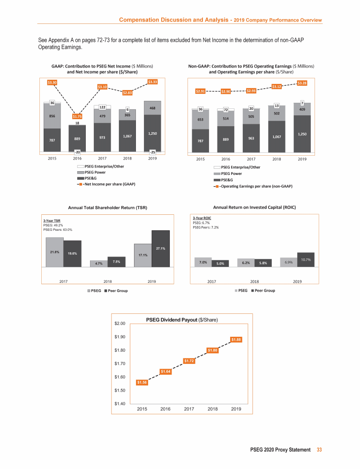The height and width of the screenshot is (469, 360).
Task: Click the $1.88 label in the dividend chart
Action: pos(236,340)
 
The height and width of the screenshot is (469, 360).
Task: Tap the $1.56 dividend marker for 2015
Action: pos(142,383)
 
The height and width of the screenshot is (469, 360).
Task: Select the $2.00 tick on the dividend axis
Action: pos(120,324)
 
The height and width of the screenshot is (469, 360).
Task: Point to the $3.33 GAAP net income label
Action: pos(152,82)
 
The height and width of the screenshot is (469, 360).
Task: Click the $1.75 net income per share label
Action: pos(77,116)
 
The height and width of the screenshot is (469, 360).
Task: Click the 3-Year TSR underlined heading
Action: pos(52,220)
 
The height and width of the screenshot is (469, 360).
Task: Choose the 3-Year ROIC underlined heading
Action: pos(202,218)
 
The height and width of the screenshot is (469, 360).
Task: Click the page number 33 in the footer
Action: pos(319,450)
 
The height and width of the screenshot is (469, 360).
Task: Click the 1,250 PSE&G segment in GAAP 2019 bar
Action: pos(152,134)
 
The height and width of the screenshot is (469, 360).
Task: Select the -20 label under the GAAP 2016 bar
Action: pos(77,152)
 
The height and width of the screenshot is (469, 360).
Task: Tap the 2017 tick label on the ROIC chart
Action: pos(211,281)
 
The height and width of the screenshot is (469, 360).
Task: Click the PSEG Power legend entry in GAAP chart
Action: pos(95,172)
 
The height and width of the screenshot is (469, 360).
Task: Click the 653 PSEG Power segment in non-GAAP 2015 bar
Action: pos(200,120)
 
